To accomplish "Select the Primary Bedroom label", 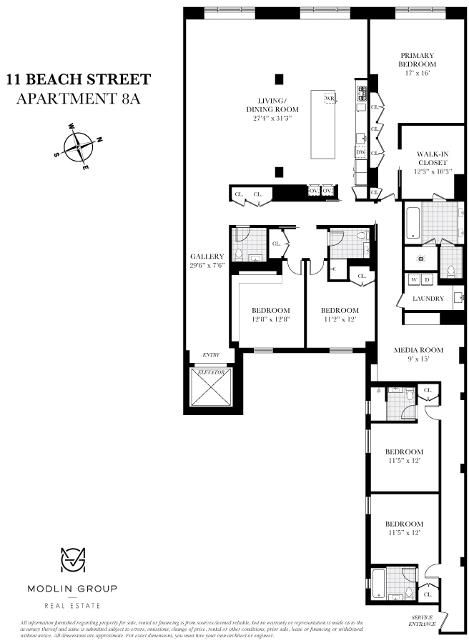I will [417, 60].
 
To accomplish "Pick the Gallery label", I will [207, 256].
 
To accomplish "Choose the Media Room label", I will [419, 350].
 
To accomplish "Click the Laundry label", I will [428, 299].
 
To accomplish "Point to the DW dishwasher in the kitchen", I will [361, 152].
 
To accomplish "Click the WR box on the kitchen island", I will [330, 98].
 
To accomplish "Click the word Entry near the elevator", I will [210, 354].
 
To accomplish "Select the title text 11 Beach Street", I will [79, 78].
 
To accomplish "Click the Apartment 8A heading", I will [78, 99].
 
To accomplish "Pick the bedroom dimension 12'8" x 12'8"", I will [271, 319].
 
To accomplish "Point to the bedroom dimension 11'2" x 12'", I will [339, 319].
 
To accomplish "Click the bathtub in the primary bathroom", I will [413, 222].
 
